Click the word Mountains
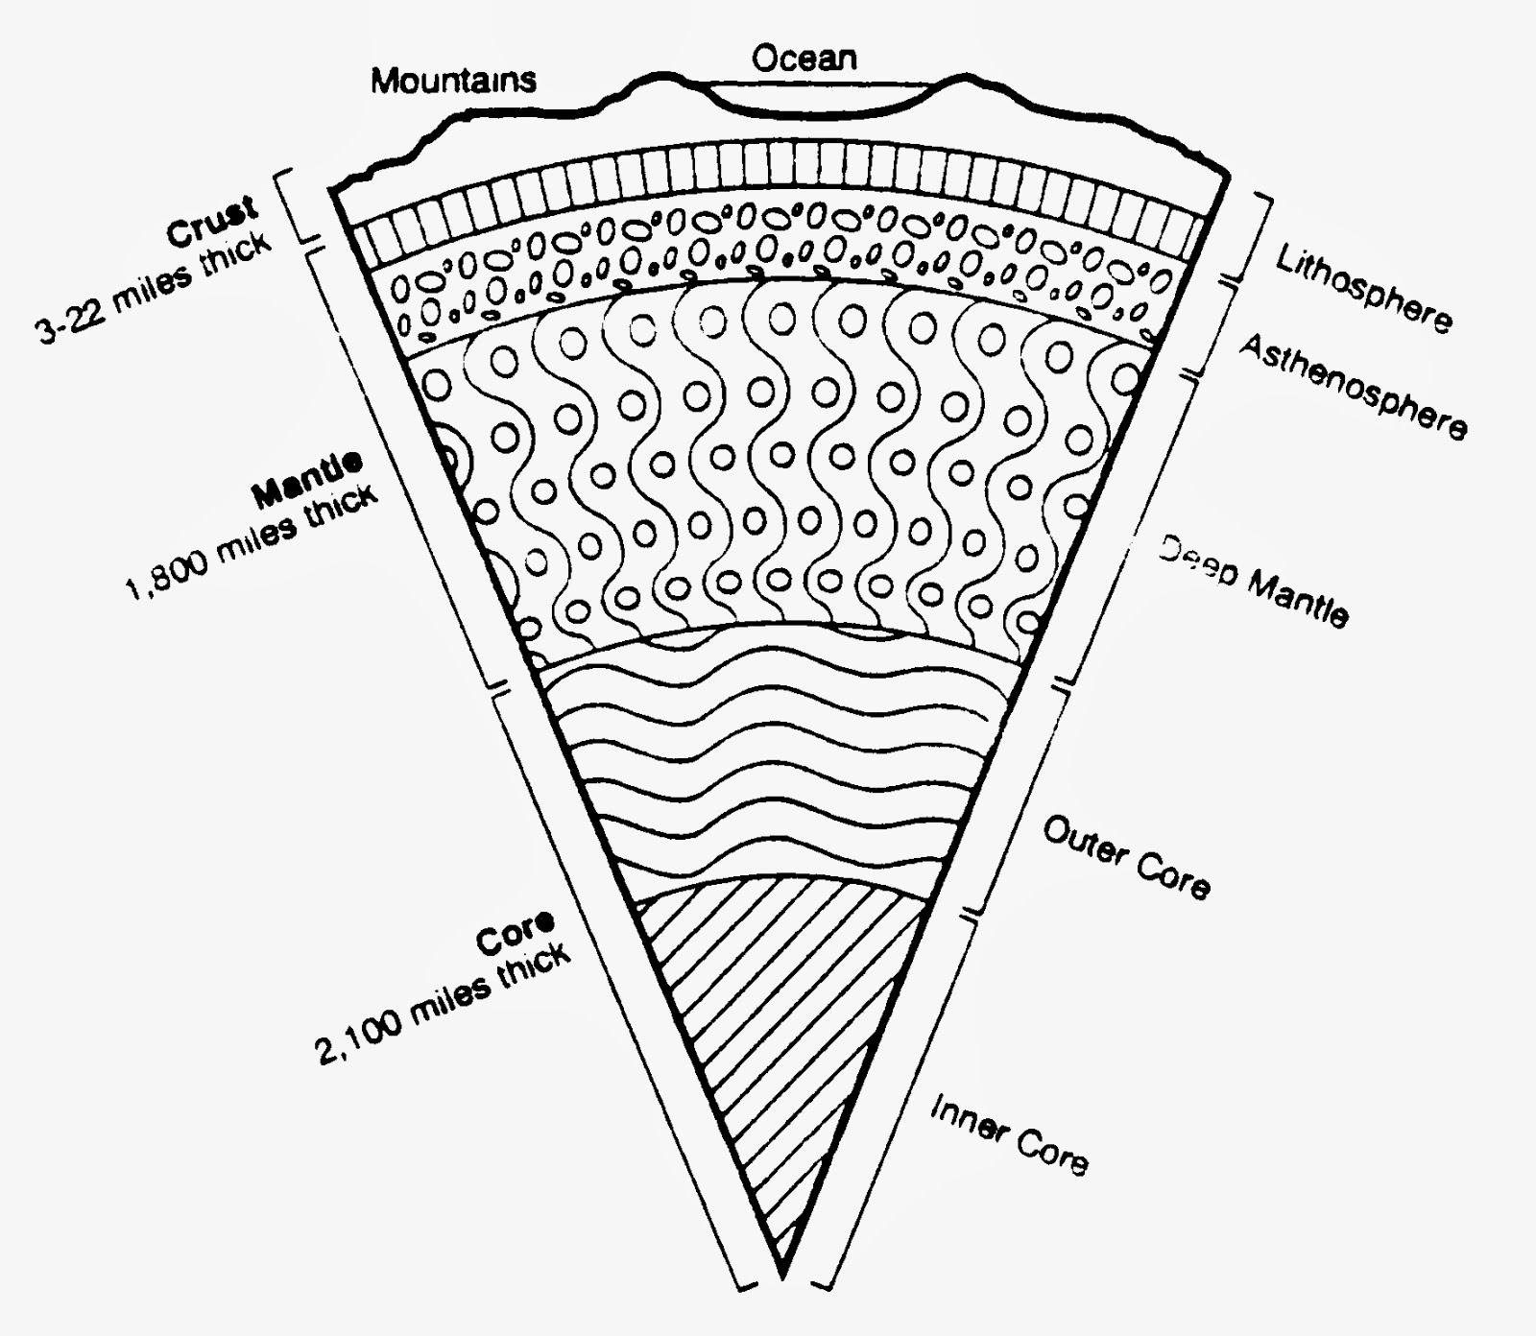tap(453, 80)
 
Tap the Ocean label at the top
tap(804, 59)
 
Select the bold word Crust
tap(212, 221)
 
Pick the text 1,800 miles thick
tap(252, 543)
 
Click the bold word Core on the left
tap(516, 932)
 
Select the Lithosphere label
tap(1363, 288)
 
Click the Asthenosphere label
tap(1352, 386)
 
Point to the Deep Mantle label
tap(1253, 581)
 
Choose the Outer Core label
tap(1126, 857)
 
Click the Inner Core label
tap(1009, 1135)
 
